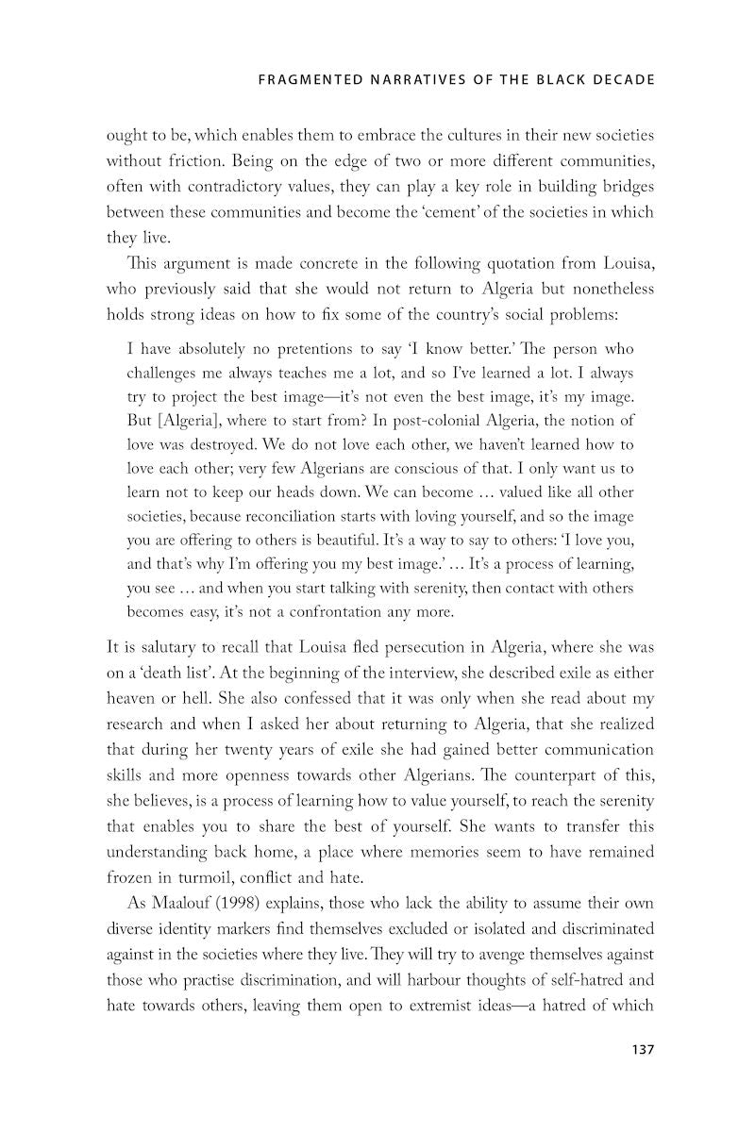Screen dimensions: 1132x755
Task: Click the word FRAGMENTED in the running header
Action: pyautogui.click(x=302, y=80)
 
